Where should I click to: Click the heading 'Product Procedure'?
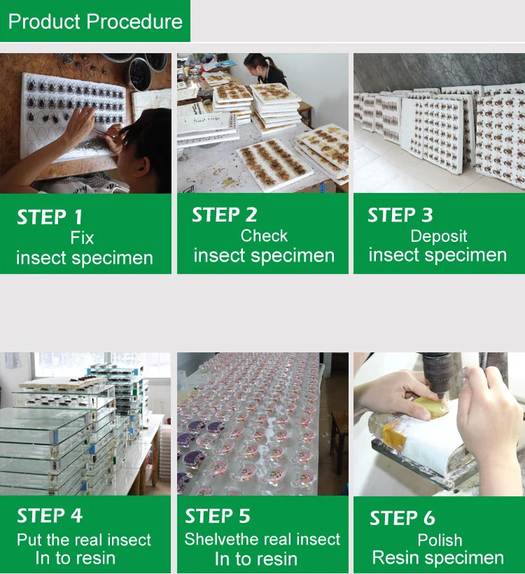coord(95,22)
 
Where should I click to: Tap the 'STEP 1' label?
coord(50,217)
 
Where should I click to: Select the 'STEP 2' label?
coord(225,215)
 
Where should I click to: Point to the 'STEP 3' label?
coord(400,215)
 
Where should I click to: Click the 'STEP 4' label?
coord(50,516)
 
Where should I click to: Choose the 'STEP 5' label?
coord(218,516)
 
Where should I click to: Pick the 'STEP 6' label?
coord(402,518)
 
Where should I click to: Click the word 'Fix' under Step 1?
coord(82,238)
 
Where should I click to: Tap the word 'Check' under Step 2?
coord(264,236)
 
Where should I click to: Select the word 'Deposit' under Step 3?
coord(439,236)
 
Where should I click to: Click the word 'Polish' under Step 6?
coord(440,540)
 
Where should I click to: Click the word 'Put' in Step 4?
coord(29,540)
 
